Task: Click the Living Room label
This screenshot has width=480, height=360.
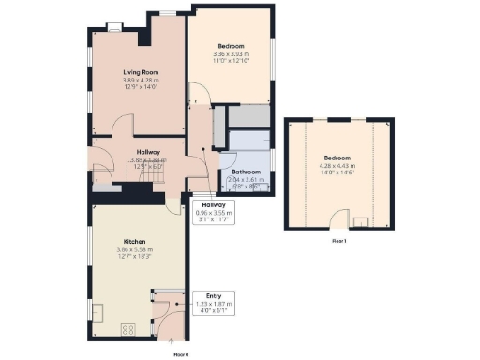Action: coord(137,71)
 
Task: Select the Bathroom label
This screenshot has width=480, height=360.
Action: coord(246,172)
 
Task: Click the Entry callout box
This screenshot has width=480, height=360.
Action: coord(214,300)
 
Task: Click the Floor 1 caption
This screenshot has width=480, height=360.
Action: coord(338,241)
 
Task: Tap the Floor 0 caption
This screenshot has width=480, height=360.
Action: coord(182,354)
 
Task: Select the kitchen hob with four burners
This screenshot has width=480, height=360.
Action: coord(128,329)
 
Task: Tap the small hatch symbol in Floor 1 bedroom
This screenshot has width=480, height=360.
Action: coord(361,221)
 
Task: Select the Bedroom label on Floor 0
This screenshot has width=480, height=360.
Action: coord(231,46)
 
